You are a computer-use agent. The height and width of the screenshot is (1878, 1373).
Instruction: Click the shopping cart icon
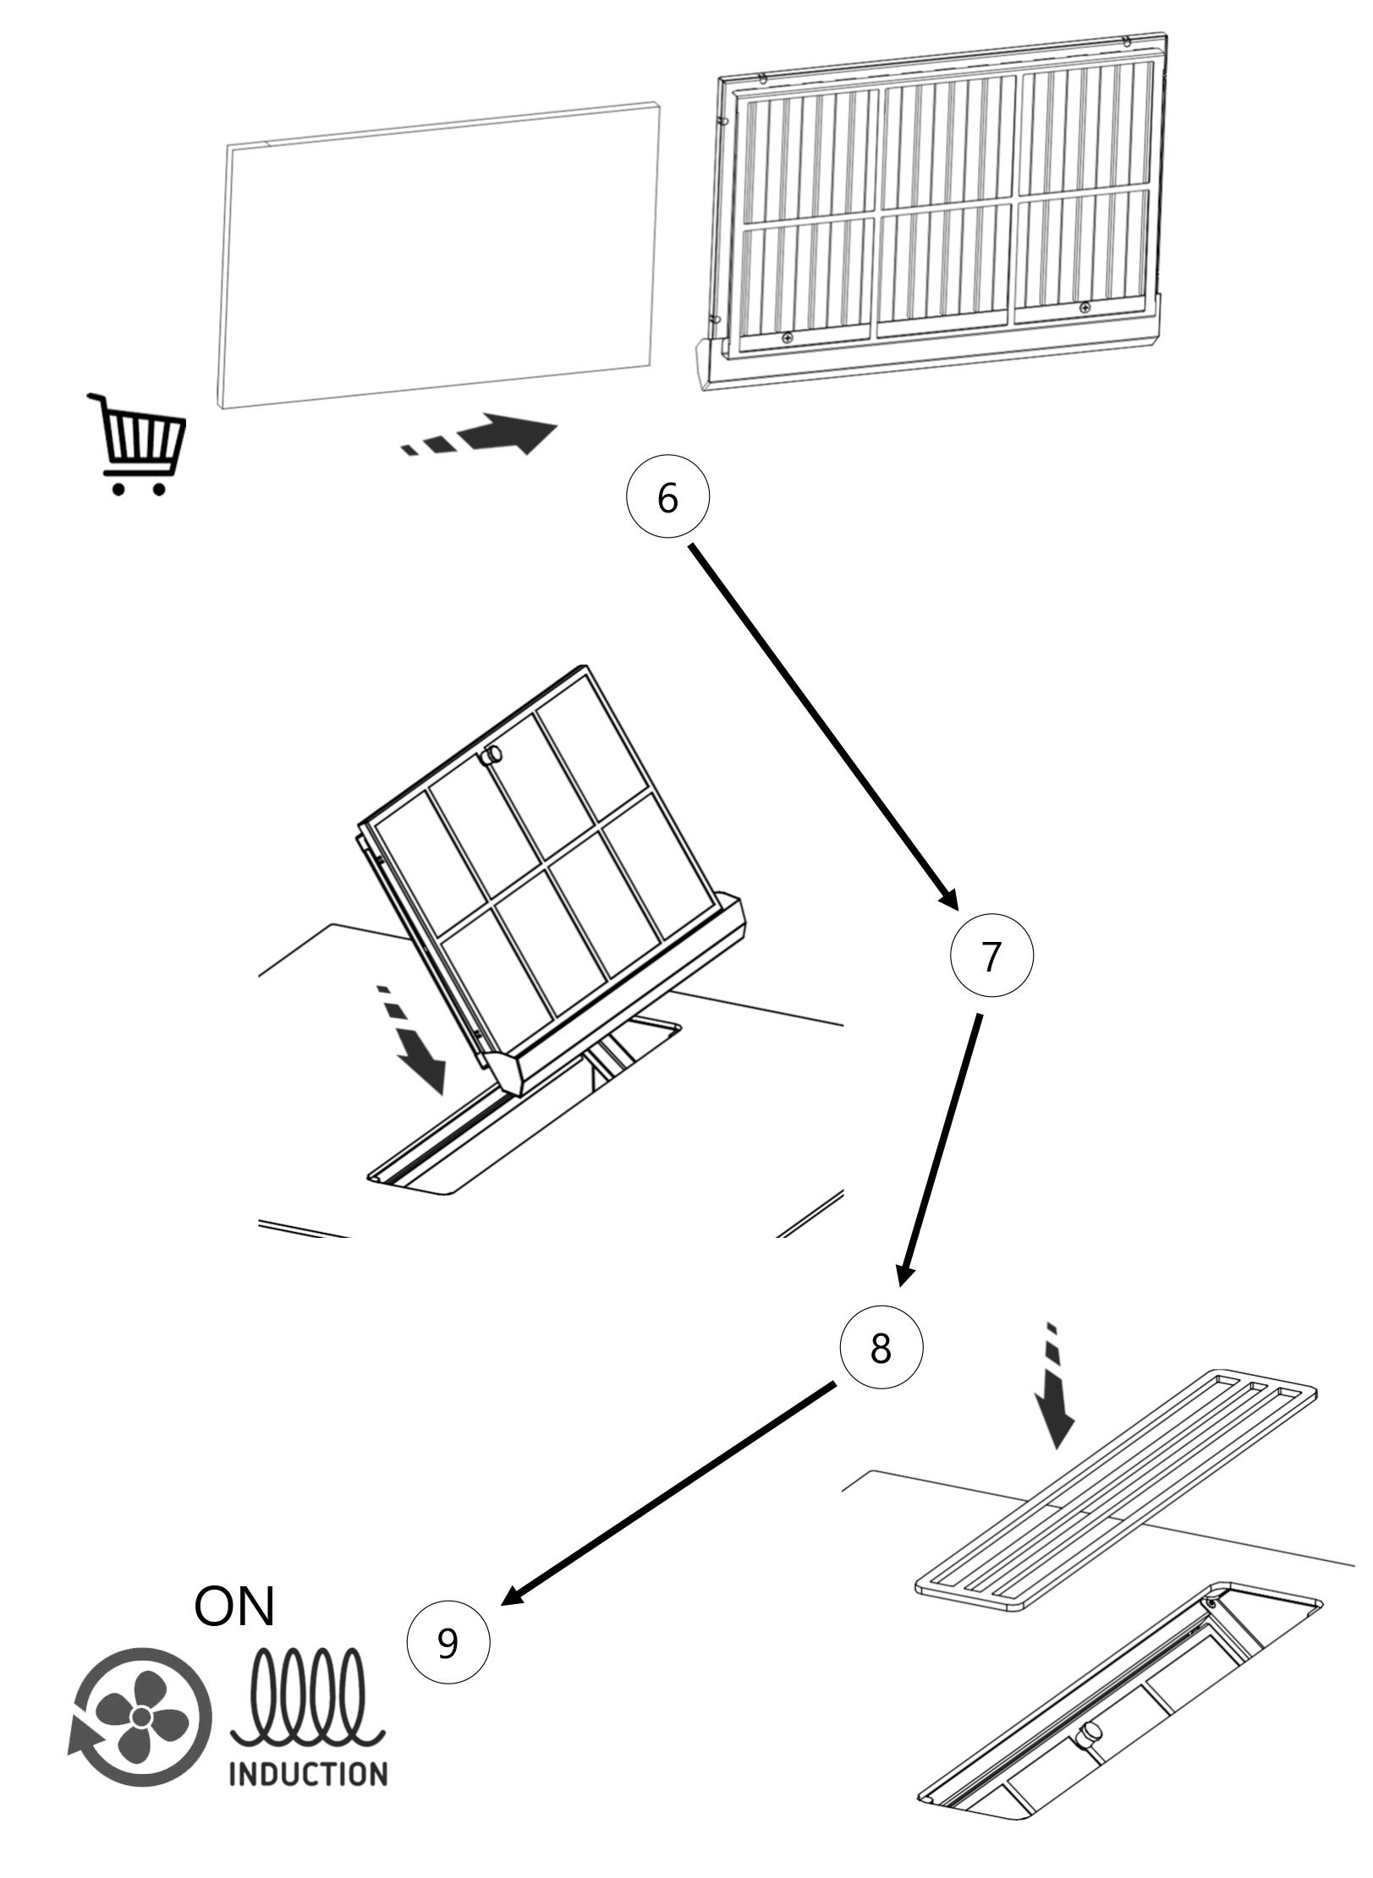pos(137,444)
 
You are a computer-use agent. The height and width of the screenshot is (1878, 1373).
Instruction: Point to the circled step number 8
pos(881,1348)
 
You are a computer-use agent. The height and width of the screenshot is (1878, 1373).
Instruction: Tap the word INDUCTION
pos(309,1773)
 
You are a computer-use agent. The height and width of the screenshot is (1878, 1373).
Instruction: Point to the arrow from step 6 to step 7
pos(825,727)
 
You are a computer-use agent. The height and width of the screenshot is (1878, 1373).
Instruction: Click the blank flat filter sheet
pos(440,254)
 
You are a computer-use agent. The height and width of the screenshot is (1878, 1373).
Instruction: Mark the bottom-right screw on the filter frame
pos(1085,307)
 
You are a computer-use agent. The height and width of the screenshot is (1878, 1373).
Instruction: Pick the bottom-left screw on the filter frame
pos(788,337)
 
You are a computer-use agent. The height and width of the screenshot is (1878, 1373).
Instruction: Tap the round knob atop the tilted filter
pos(492,755)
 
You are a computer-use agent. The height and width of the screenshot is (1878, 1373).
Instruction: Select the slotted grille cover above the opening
pos(1117,1492)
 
